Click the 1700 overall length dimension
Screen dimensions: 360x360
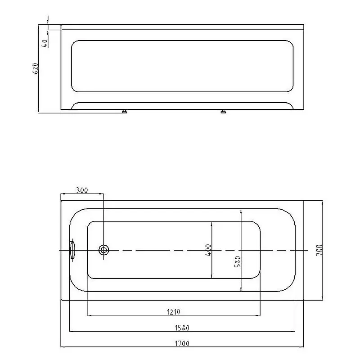tap(182, 343)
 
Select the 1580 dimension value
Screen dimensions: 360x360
tap(182, 327)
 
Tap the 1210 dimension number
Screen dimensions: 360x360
tap(173, 311)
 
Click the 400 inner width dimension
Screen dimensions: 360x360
tap(208, 250)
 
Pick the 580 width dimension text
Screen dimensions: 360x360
tap(238, 262)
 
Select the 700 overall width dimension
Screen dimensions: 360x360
tap(319, 250)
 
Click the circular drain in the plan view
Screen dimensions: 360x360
tap(104, 250)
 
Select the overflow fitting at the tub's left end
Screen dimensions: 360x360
tap(72, 250)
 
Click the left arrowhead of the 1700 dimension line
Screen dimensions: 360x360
tap(63, 347)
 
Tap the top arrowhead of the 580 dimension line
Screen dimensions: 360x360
tap(242, 210)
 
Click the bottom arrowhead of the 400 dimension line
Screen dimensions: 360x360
tap(212, 276)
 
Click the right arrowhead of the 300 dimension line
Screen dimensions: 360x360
tap(102, 194)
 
